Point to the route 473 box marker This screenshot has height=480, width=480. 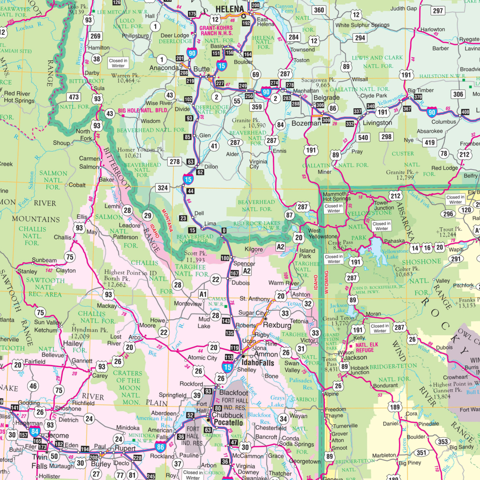click(74, 97)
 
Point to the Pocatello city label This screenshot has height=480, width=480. click(228, 423)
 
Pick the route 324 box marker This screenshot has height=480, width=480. click(162, 188)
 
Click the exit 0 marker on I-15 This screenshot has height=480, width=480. click(224, 230)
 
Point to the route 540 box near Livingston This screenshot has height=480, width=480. click(363, 137)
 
